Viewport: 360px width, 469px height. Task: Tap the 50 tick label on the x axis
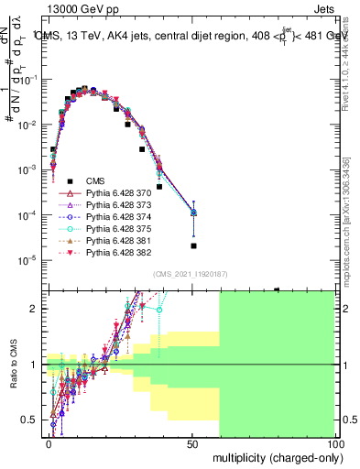coord(192,443)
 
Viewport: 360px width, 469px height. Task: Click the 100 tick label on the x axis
coord(334,443)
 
